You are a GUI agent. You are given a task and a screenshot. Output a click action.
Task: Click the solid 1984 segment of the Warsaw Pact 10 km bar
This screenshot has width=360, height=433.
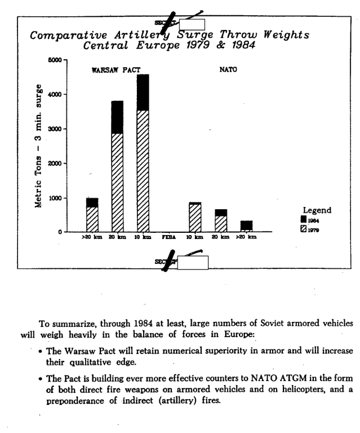(x=143, y=92)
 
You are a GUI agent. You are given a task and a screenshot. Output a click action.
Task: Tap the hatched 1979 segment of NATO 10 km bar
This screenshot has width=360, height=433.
(x=195, y=218)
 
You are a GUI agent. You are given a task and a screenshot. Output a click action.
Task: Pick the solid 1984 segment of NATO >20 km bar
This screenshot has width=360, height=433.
(x=247, y=225)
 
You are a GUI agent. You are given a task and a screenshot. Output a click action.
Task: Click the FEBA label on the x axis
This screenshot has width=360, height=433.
(x=169, y=237)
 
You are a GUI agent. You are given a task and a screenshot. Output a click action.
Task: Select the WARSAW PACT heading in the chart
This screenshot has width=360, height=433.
(x=116, y=70)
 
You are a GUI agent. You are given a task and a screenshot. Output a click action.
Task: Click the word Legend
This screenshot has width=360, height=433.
(x=317, y=210)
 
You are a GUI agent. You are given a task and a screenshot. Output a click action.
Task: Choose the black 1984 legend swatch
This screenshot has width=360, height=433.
(x=304, y=220)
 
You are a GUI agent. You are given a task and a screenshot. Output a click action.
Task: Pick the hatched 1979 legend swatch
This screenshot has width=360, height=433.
(x=304, y=228)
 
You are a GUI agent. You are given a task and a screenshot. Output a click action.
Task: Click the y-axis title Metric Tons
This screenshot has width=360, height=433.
(x=38, y=179)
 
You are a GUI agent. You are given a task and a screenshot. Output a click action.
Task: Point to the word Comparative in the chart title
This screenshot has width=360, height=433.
(x=61, y=35)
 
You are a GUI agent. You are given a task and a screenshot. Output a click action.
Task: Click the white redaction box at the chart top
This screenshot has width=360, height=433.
(x=192, y=24)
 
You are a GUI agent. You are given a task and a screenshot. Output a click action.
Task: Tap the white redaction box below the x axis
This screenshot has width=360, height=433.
(x=193, y=262)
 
